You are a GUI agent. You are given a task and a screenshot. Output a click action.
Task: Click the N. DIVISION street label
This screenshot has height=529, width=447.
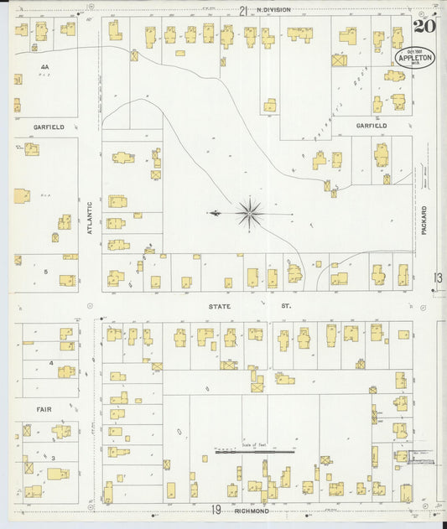(x=273, y=10)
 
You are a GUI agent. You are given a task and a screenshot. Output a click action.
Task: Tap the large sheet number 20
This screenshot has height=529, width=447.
(x=424, y=24)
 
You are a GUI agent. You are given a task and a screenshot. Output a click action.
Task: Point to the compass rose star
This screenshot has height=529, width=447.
(x=251, y=214)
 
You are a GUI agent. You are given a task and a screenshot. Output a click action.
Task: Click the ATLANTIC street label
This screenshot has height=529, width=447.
(x=90, y=215)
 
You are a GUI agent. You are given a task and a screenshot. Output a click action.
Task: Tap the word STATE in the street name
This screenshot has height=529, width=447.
(x=220, y=307)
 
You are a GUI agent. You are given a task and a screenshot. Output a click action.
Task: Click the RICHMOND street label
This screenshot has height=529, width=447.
(x=251, y=511)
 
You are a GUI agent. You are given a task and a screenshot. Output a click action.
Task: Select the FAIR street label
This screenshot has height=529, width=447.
(x=44, y=409)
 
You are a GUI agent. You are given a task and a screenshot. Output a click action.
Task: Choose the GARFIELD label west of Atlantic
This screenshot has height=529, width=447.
(x=49, y=127)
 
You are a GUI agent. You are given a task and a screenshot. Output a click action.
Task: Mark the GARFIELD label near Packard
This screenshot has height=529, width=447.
(x=371, y=126)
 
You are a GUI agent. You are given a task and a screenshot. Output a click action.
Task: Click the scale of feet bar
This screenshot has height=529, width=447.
(x=255, y=452)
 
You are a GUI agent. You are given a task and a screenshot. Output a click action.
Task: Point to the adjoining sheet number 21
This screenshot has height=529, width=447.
(x=243, y=10)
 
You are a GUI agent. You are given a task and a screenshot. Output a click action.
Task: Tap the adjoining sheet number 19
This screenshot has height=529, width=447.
(x=216, y=510)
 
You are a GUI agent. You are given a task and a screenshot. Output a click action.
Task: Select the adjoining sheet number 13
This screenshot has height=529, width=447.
(x=438, y=278)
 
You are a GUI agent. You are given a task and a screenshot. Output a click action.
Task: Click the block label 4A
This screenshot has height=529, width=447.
(x=44, y=65)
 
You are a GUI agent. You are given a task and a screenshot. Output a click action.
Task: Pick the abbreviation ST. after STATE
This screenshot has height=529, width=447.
(x=285, y=307)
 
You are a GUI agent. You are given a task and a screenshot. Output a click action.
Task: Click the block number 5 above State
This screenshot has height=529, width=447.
(x=47, y=272)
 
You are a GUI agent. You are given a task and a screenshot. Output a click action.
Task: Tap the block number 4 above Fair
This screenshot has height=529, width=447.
(x=51, y=363)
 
